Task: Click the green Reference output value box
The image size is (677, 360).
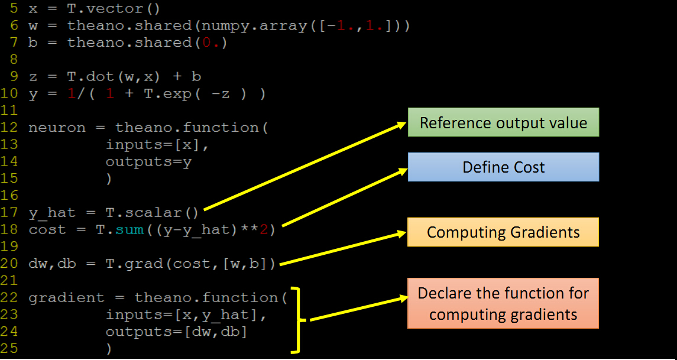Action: pos(503,122)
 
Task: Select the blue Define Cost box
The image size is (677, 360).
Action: pos(503,167)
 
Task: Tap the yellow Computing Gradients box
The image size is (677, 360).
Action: pos(503,232)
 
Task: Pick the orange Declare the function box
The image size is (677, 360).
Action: pos(503,303)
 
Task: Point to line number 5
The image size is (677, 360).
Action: pos(14,8)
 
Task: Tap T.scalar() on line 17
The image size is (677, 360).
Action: pos(153,212)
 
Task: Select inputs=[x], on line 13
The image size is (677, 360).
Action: pos(158,145)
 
